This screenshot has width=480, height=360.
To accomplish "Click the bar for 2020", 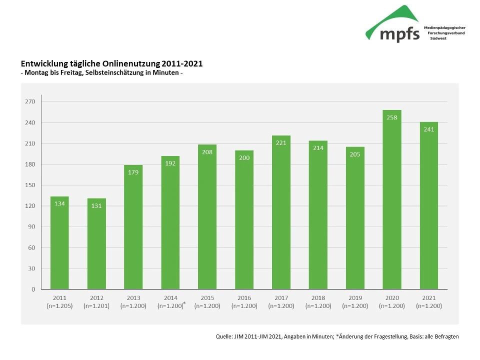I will [391, 200].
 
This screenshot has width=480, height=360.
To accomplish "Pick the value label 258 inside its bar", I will [391, 117].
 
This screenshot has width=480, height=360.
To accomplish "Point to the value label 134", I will [59, 203].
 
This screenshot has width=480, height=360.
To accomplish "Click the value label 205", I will [355, 154].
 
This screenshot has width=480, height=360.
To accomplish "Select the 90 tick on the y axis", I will [31, 227].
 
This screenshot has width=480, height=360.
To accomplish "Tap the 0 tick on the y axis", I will [33, 289].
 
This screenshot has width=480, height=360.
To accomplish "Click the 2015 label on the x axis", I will [207, 298].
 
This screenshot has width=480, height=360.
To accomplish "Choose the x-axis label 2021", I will [428, 298].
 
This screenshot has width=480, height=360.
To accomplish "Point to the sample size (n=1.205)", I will [59, 305].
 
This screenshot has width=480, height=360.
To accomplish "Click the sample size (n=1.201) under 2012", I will [96, 305].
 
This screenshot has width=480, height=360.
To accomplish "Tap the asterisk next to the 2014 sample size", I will [184, 303].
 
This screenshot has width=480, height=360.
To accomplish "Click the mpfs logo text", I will [399, 34].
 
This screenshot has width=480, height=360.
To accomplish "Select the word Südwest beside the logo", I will [437, 38].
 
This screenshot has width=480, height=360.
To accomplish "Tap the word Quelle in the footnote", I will [223, 336].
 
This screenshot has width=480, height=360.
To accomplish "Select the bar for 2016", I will [244, 220].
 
